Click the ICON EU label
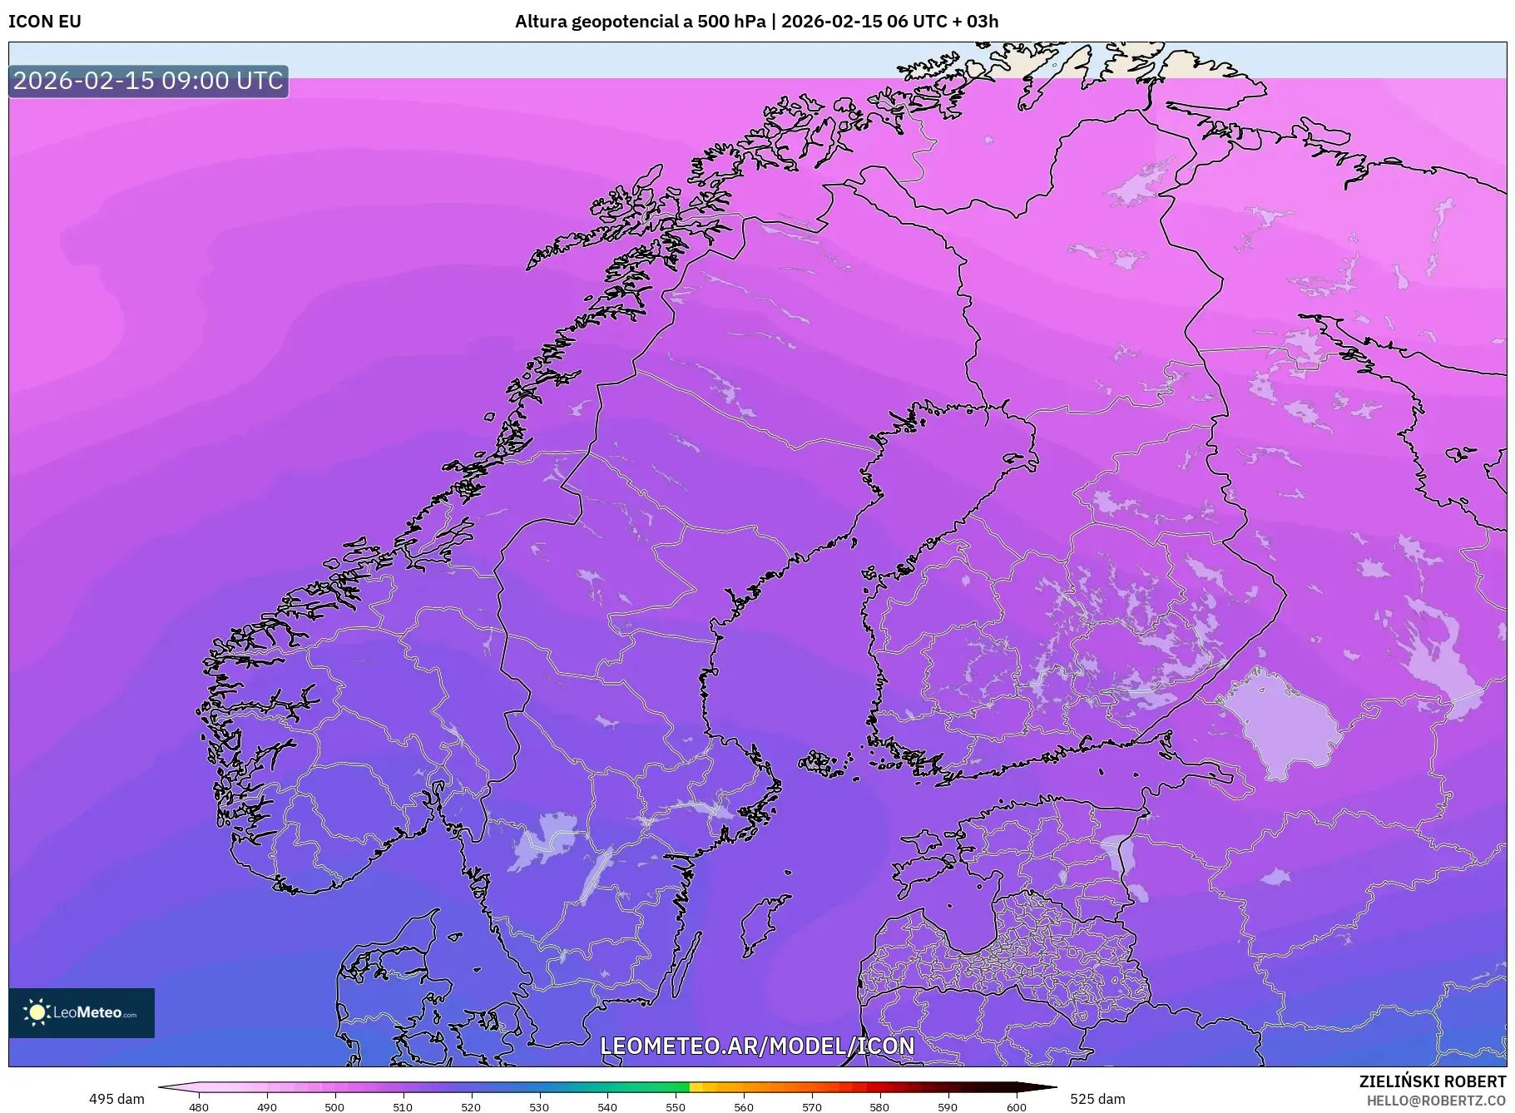tap(45, 22)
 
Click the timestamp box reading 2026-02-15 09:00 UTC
tap(148, 81)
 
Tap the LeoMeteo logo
tap(82, 1012)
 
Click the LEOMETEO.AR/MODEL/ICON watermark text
tap(757, 1046)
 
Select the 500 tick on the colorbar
tap(334, 1106)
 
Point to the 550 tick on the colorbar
tap(676, 1106)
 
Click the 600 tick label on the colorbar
tap(1017, 1106)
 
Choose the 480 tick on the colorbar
tap(199, 1106)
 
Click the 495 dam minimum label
tap(116, 1099)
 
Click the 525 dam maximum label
tap(1097, 1099)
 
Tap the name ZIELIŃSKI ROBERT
tap(1432, 1081)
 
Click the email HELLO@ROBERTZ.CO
tap(1436, 1101)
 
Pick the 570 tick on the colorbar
tap(812, 1106)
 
